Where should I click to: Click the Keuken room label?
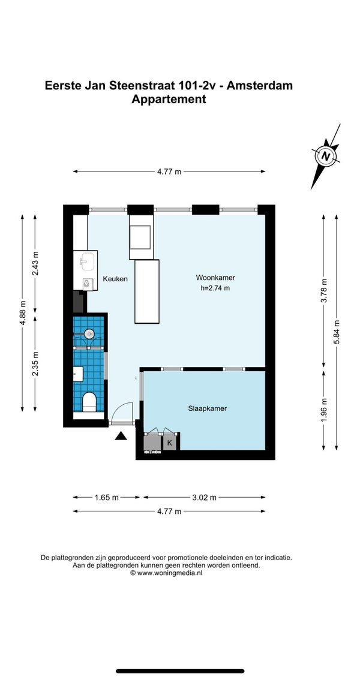(x=115, y=279)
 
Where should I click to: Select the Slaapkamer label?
(x=208, y=408)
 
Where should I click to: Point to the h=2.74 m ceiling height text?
(x=215, y=287)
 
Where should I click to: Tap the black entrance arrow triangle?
(x=121, y=435)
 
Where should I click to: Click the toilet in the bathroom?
(x=89, y=402)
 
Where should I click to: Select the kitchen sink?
(x=85, y=263)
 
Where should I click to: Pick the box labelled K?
(x=170, y=443)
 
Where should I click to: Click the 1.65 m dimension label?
(x=107, y=498)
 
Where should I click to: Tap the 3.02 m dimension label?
(x=204, y=498)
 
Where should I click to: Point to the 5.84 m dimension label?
(x=337, y=332)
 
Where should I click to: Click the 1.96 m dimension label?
(x=324, y=410)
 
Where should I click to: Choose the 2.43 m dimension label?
(x=35, y=263)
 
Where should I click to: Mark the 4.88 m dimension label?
(x=23, y=312)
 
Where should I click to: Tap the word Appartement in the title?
(x=169, y=100)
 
